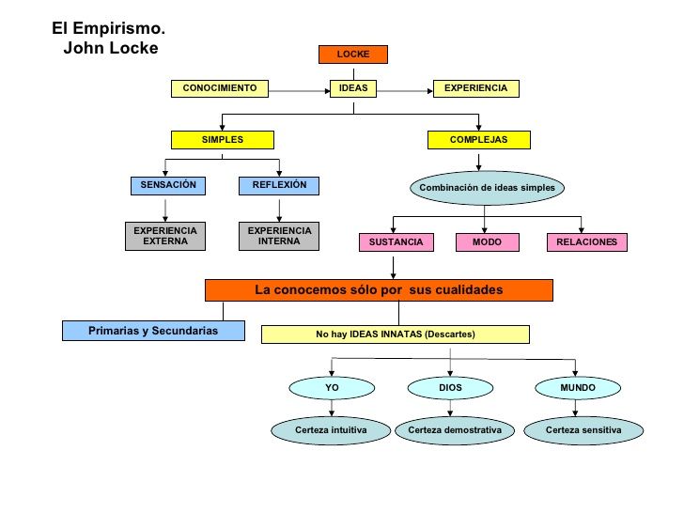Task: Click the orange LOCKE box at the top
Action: tap(352, 54)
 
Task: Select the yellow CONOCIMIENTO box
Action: tap(220, 88)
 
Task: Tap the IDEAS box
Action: tap(352, 88)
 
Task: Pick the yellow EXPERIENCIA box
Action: tap(475, 88)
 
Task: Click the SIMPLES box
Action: tap(223, 140)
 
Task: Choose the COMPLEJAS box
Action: tap(478, 140)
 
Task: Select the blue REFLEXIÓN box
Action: tap(279, 185)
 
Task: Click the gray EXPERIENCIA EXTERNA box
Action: tap(165, 236)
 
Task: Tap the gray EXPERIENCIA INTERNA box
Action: tap(279, 236)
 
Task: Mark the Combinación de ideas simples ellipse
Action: tap(487, 188)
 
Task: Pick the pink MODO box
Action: tap(488, 242)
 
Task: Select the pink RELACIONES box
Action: tap(586, 242)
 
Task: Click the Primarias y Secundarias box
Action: tap(153, 331)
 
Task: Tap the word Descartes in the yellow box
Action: tap(449, 334)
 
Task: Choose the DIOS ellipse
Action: tap(450, 387)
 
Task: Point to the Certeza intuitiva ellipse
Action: tap(331, 430)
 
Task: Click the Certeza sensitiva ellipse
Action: tap(583, 430)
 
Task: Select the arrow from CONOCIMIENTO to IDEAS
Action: tap(298, 89)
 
